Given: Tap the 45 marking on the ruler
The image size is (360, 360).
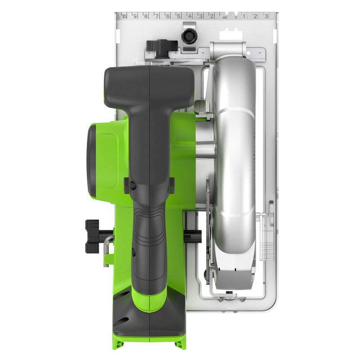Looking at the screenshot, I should tap(224, 17).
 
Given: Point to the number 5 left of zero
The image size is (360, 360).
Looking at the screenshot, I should tap(179, 16).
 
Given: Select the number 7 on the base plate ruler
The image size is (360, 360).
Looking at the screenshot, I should tap(157, 16).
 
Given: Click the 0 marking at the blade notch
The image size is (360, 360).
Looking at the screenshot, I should tap(235, 17).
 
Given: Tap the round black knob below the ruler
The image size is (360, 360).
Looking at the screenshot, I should tap(188, 35).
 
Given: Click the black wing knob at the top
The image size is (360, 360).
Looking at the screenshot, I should tap(160, 45).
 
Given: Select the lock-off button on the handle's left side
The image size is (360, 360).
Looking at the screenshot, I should tap(128, 185).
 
